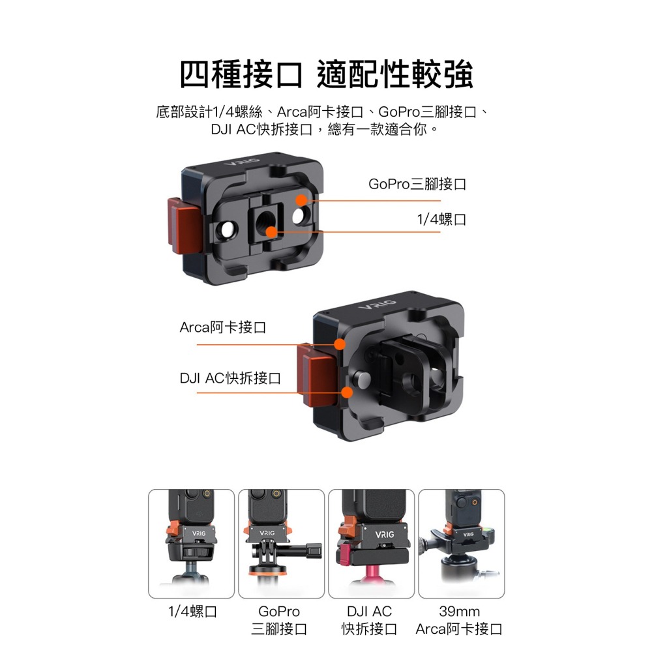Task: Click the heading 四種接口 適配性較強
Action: (x=326, y=76)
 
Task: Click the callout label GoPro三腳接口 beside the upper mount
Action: (x=417, y=185)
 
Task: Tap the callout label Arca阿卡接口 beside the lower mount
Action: (x=223, y=327)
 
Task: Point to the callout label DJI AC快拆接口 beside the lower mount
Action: (x=230, y=378)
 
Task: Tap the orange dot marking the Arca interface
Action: (x=339, y=344)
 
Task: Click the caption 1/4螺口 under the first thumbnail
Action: (x=192, y=612)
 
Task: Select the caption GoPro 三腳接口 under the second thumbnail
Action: (x=279, y=620)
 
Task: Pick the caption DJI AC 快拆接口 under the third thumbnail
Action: (x=369, y=620)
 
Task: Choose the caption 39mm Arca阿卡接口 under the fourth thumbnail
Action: (x=460, y=620)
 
